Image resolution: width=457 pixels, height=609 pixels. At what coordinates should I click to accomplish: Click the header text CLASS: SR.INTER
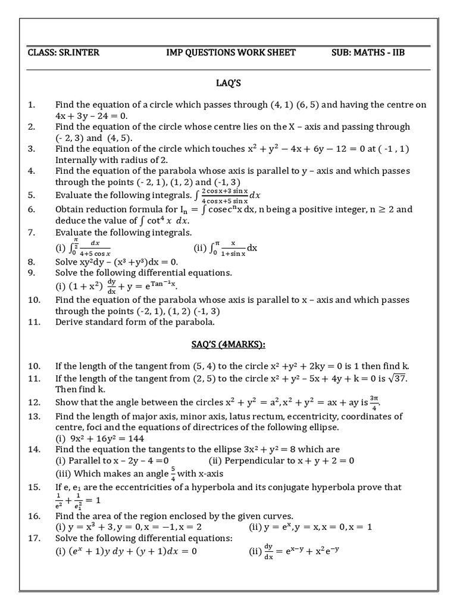pyautogui.click(x=64, y=52)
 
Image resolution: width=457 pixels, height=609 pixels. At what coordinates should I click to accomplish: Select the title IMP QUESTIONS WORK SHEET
pyautogui.click(x=231, y=52)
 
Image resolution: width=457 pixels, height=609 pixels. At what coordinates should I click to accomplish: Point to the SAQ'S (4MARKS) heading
pyautogui.click(x=230, y=344)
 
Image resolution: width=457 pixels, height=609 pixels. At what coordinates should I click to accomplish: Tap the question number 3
pyautogui.click(x=32, y=149)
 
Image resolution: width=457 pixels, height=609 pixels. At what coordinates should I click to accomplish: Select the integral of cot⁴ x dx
pyautogui.click(x=166, y=221)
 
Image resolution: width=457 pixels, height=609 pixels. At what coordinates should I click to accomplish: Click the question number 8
pyautogui.click(x=32, y=262)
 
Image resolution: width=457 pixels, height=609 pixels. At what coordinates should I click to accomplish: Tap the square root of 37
pyautogui.click(x=397, y=378)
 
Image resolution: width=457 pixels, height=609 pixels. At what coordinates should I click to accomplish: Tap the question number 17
pyautogui.click(x=34, y=538)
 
